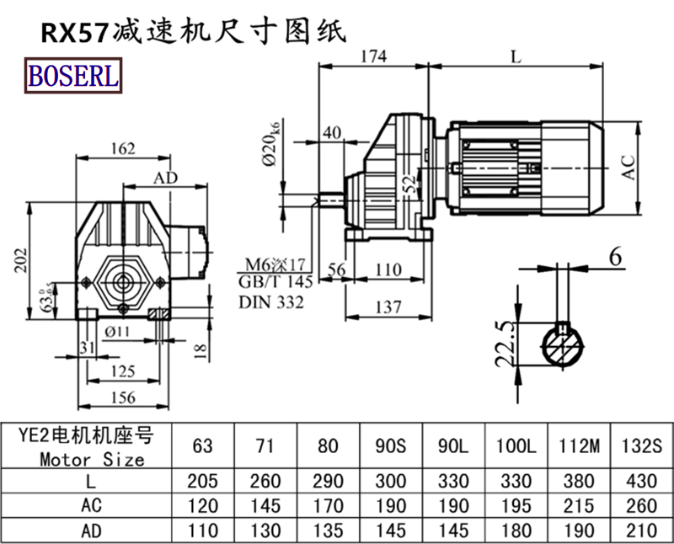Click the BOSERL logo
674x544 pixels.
click(75, 77)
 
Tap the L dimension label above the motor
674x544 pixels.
click(516, 57)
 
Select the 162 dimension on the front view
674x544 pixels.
click(123, 149)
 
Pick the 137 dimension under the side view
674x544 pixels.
click(387, 307)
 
